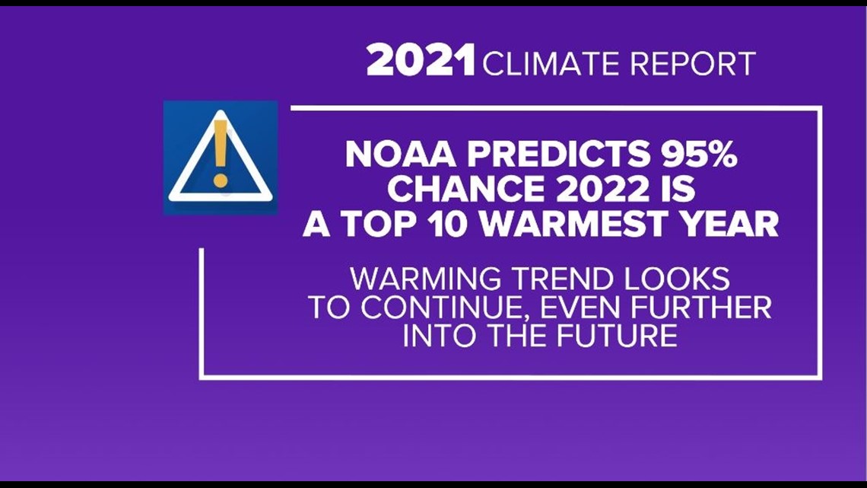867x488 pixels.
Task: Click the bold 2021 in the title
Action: pyautogui.click(x=421, y=60)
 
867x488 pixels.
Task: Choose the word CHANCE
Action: pyautogui.click(x=466, y=190)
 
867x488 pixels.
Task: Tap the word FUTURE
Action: pyautogui.click(x=617, y=336)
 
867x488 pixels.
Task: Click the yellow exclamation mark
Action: pyautogui.click(x=220, y=153)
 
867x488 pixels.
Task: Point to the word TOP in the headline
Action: pyautogui.click(x=379, y=224)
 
